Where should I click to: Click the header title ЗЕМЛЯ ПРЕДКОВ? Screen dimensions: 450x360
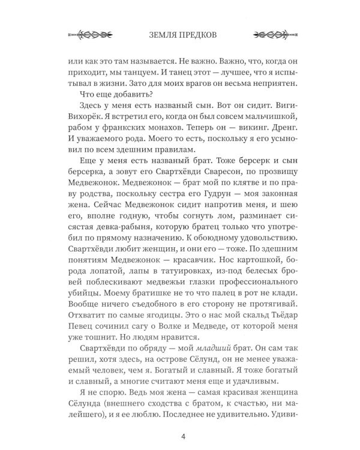[x=180, y=32]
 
